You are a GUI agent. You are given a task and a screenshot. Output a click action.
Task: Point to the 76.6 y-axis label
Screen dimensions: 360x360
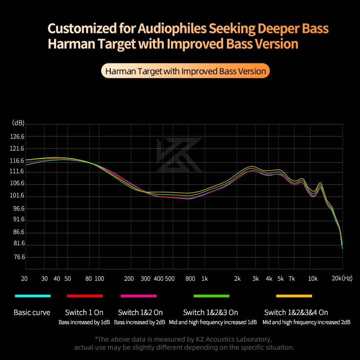point(19,257)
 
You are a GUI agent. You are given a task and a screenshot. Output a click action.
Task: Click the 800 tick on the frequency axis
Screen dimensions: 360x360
point(190,279)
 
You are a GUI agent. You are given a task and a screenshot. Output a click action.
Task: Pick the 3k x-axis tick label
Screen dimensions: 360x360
point(256,279)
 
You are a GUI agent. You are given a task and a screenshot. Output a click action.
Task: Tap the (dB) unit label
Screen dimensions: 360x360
point(18,123)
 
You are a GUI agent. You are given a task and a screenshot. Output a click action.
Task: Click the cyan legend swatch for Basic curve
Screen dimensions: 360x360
point(32,296)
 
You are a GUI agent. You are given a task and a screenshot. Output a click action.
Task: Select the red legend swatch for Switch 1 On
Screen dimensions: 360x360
point(85,296)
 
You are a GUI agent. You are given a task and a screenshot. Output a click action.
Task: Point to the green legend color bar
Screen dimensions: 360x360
point(211,296)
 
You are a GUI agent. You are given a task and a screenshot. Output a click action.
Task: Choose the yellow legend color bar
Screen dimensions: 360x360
point(294,296)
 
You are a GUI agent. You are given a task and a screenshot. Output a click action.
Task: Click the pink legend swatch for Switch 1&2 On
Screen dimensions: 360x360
point(139,296)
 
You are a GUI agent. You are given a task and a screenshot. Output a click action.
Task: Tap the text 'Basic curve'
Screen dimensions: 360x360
point(32,312)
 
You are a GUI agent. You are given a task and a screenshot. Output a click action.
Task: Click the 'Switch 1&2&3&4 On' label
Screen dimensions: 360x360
point(296,312)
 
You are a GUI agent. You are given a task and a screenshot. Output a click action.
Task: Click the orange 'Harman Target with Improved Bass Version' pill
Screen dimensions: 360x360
point(185,71)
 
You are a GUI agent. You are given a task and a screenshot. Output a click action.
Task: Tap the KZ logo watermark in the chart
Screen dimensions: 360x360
point(179,155)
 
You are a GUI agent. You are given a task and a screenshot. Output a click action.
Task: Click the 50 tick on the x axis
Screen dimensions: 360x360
point(67,279)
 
